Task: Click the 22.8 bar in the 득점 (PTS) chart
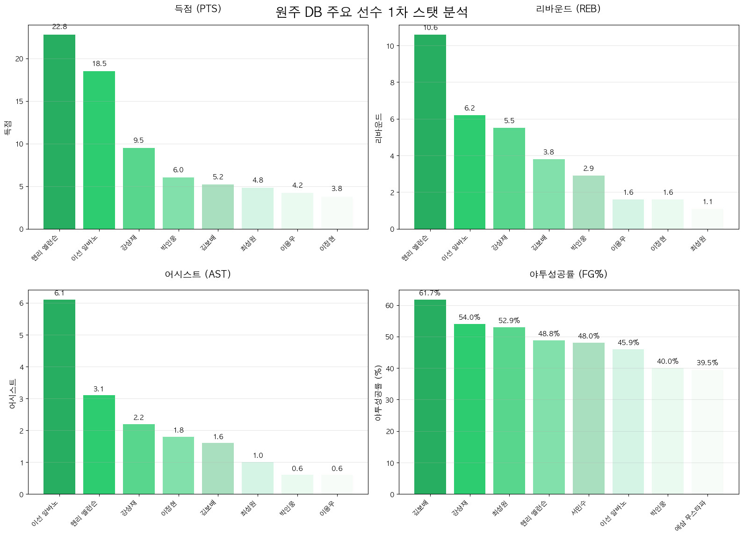coord(59,132)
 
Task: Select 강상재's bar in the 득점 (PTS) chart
coord(138,188)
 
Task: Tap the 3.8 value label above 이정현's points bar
coord(337,189)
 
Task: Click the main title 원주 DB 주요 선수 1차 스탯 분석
coord(371,12)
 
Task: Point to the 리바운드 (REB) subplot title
coord(568,9)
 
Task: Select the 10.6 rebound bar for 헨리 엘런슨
coord(430,132)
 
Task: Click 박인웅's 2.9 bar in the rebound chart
coord(588,202)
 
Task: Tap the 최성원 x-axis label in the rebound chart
coord(699,243)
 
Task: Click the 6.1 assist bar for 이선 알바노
coord(59,397)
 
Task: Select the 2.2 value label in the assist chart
coord(138,418)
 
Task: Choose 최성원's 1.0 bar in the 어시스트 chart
coord(258,478)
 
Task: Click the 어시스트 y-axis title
coord(13,394)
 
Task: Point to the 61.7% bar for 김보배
coord(430,397)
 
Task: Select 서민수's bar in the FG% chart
coord(588,418)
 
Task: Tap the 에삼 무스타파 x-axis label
coord(691,515)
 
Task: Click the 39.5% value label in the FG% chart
coord(707,363)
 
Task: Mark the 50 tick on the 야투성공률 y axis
coord(390,337)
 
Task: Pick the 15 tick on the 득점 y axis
coord(19,102)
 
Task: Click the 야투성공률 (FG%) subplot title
coord(568,274)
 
